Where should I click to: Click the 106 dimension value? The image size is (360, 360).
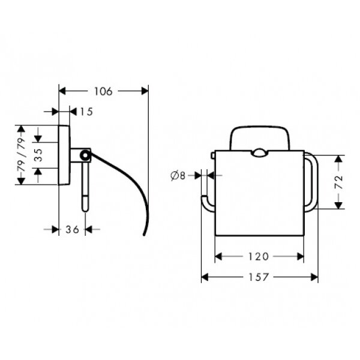tap(103, 91)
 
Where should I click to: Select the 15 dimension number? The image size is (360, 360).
tap(86, 112)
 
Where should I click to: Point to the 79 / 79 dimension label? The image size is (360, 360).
tap(22, 155)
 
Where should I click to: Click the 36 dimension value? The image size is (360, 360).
tap(73, 229)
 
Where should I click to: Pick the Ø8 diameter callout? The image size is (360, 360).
tap(178, 176)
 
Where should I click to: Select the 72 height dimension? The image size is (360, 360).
tap(339, 182)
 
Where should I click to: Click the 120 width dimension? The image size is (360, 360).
tap(259, 256)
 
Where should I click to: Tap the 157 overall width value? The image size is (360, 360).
tap(259, 277)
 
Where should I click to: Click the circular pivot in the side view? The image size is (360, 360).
tap(85, 155)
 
